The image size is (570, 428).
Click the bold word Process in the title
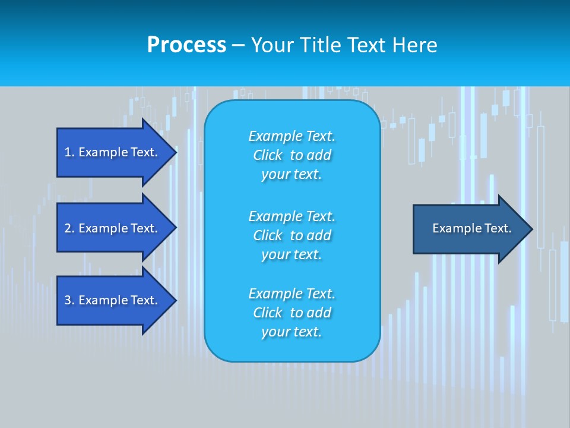tap(186, 45)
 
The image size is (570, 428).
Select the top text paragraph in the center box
tap(292, 155)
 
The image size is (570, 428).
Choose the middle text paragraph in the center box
tap(292, 235)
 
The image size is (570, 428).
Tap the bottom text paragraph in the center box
tap(292, 313)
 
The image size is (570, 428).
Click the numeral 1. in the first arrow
tap(69, 152)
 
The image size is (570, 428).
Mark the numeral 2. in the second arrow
tap(69, 228)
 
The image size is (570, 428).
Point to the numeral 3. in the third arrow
tap(69, 300)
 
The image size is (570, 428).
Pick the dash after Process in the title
tap(238, 45)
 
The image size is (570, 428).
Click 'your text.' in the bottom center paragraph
tap(292, 332)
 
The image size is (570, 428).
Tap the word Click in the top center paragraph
tap(268, 155)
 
